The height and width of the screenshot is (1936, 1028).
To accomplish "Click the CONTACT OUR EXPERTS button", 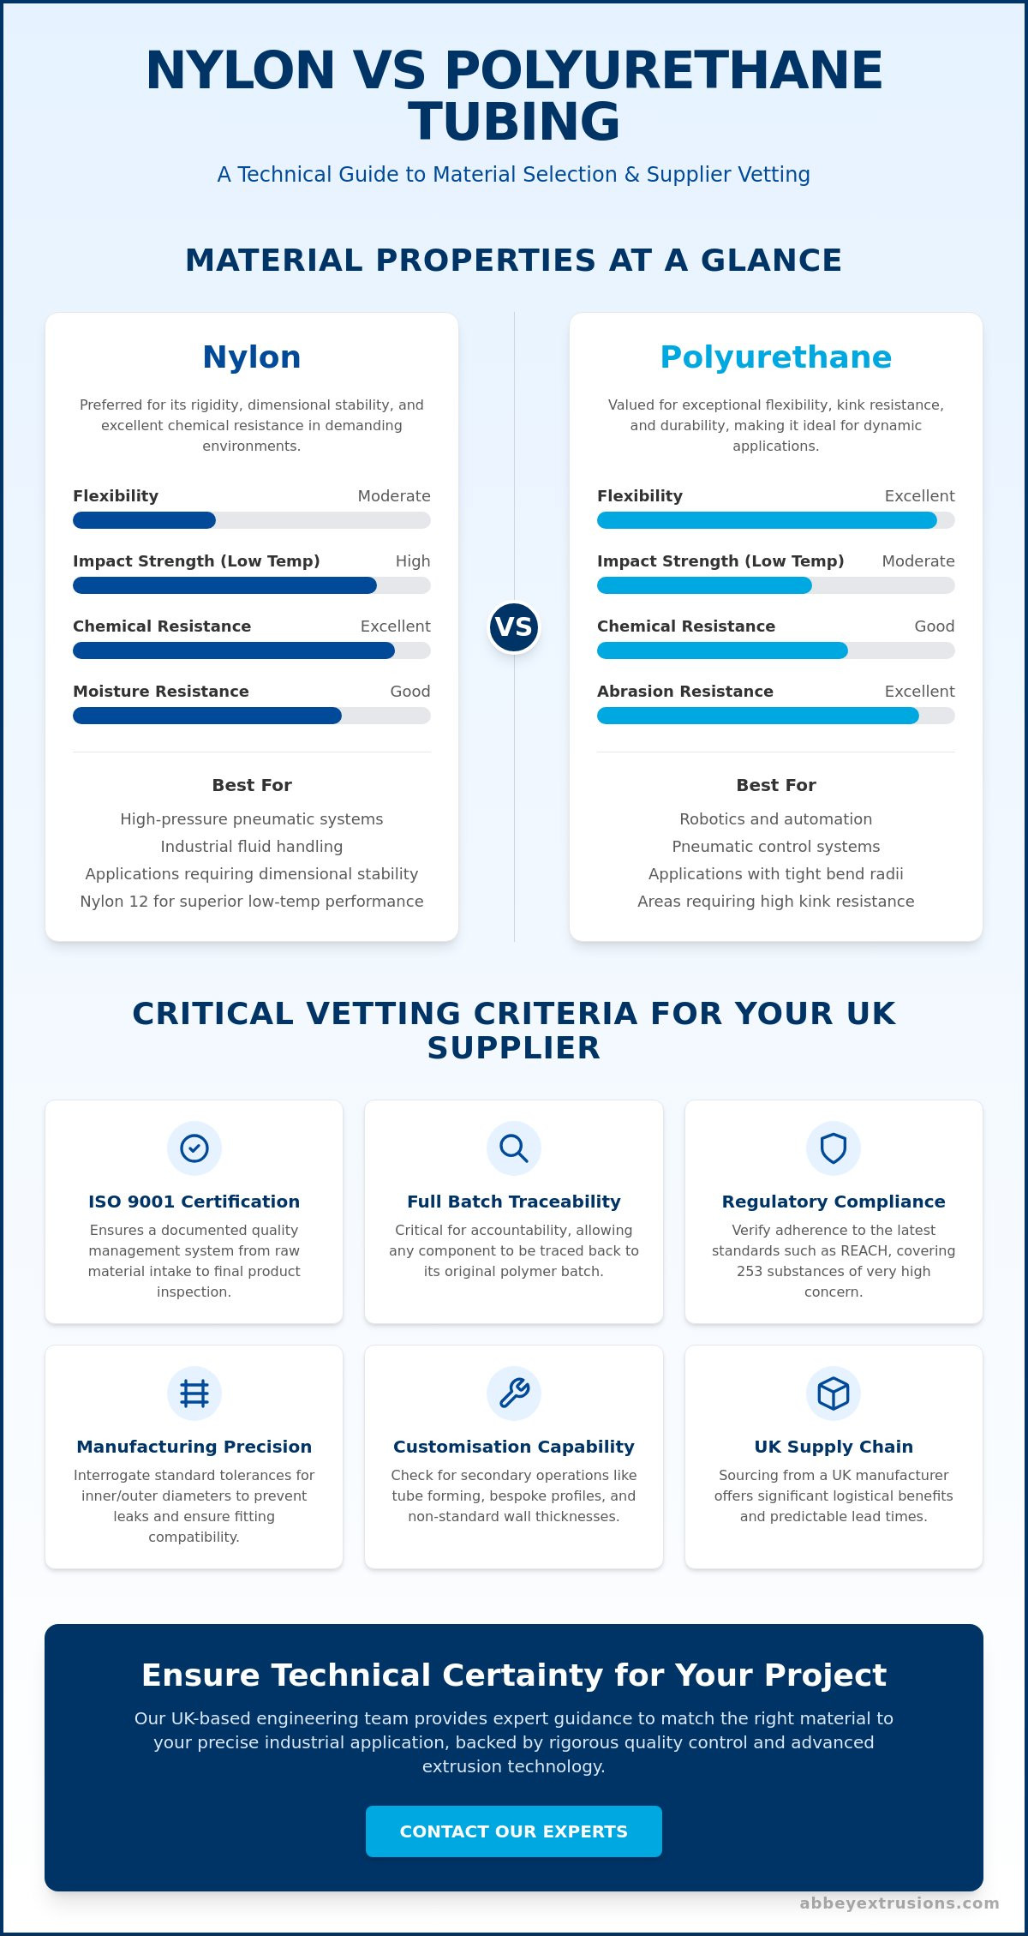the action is pyautogui.click(x=514, y=1831).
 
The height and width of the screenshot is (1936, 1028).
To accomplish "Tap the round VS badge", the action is pyautogui.click(x=514, y=627).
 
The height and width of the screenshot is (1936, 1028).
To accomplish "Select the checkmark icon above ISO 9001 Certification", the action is pyautogui.click(x=194, y=1148).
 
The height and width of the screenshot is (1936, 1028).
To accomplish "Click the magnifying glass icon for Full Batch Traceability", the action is pyautogui.click(x=514, y=1148).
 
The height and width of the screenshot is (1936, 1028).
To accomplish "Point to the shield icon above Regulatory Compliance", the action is pyautogui.click(x=834, y=1148).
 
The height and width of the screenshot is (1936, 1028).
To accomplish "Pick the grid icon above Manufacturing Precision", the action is pyautogui.click(x=194, y=1394).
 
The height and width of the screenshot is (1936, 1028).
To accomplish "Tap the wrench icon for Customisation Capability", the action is pyautogui.click(x=514, y=1394).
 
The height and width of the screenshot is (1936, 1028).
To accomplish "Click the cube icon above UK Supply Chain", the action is pyautogui.click(x=834, y=1394).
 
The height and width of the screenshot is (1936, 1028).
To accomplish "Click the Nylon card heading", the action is pyautogui.click(x=252, y=357).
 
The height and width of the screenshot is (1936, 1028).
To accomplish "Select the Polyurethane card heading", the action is pyautogui.click(x=776, y=357).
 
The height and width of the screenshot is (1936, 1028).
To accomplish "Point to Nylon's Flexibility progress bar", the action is pyautogui.click(x=252, y=520).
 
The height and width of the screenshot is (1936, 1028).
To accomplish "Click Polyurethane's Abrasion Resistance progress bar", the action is pyautogui.click(x=776, y=716).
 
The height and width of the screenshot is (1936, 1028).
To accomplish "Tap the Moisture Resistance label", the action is pyautogui.click(x=161, y=692).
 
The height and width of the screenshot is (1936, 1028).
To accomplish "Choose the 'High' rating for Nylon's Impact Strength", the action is pyautogui.click(x=413, y=561).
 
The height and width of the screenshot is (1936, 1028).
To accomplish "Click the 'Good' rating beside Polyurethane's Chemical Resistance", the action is pyautogui.click(x=935, y=626).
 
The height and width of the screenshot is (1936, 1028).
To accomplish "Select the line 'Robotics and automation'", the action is pyautogui.click(x=776, y=819).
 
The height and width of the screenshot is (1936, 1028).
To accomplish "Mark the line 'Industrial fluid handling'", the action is pyautogui.click(x=252, y=847).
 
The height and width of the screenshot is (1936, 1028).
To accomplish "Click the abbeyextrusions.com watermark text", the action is pyautogui.click(x=899, y=1903).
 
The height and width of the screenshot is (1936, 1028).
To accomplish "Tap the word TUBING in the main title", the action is pyautogui.click(x=514, y=122).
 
